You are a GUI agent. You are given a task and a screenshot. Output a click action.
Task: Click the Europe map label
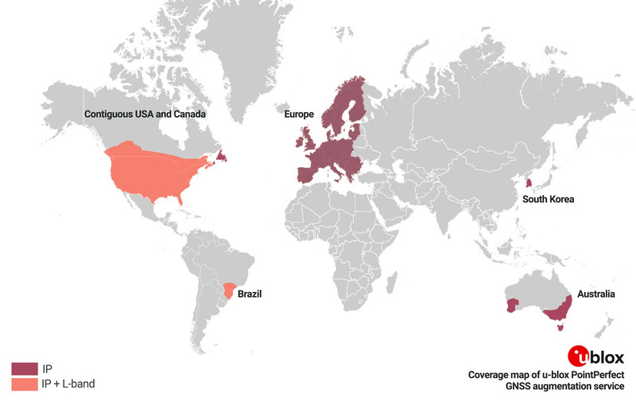coord(300,115)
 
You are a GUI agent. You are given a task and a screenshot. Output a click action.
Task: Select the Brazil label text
coord(250,294)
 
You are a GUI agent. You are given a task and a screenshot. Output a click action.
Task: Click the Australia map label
coord(596,294)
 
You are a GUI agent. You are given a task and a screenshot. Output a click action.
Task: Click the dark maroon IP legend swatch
coord(24,368)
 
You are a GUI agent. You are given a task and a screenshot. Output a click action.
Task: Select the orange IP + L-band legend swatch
coord(24,384)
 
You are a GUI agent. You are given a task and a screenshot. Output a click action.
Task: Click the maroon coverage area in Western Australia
coord(513,304)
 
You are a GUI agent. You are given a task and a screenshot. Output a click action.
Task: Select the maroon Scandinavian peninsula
coord(346,103)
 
